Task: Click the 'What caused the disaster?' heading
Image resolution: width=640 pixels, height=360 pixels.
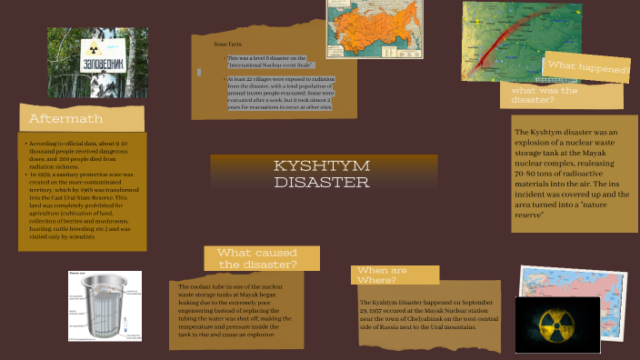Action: click(x=257, y=258)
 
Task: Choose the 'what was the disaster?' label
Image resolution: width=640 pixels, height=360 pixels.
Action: click(x=545, y=95)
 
